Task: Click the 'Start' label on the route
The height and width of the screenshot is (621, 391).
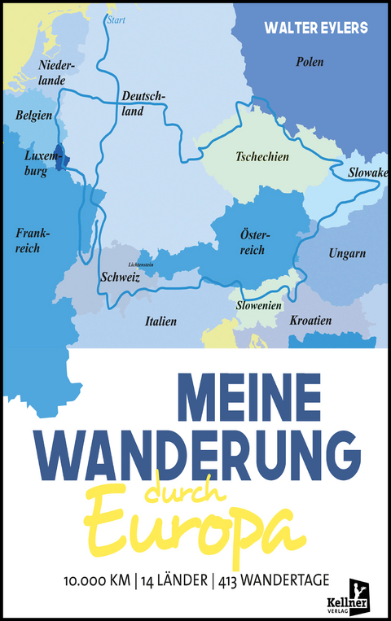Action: tap(117, 20)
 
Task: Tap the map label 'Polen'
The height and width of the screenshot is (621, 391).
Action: tap(310, 62)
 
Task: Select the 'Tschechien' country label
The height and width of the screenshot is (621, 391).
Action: tap(261, 157)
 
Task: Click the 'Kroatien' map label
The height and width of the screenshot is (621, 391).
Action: tap(310, 321)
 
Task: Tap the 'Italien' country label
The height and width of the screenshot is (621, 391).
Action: tap(160, 321)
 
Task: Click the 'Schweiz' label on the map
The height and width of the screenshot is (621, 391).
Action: tap(121, 278)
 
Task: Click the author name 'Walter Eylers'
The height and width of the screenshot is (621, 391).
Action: tap(316, 28)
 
